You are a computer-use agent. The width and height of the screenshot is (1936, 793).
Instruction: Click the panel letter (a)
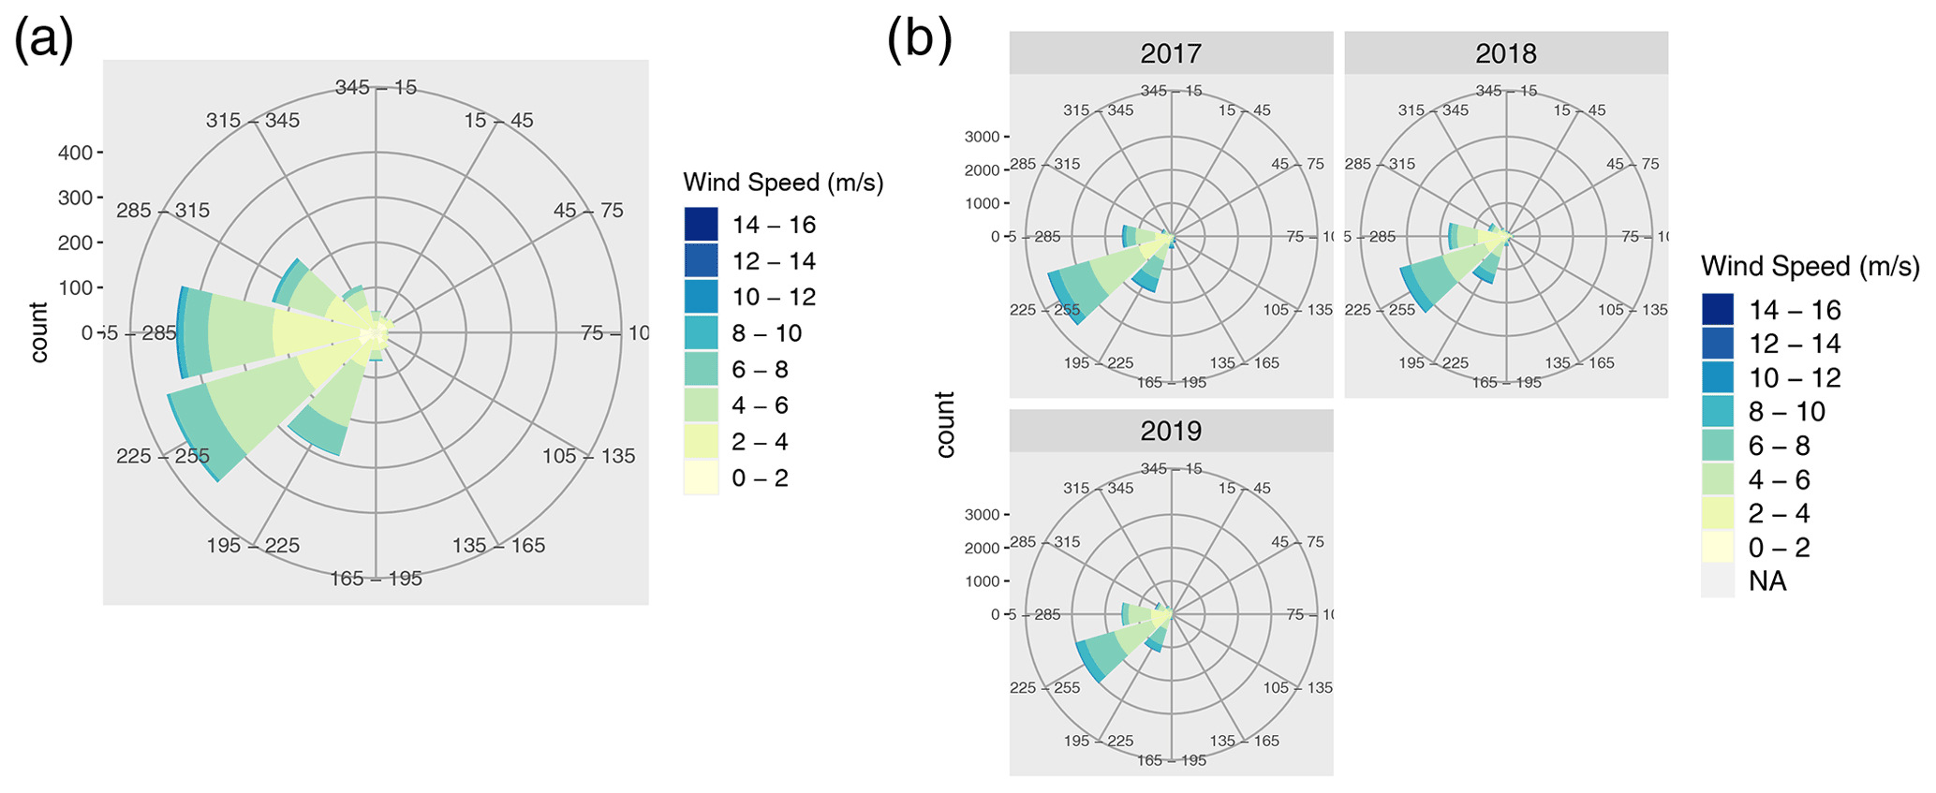(x=43, y=42)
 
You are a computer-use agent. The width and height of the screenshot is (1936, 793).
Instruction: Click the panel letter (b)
(x=919, y=42)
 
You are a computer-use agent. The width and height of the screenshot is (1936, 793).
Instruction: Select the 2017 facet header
(x=1171, y=53)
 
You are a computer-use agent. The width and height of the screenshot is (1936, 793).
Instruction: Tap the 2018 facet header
(x=1505, y=53)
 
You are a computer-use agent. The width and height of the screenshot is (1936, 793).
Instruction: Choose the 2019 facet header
(x=1171, y=431)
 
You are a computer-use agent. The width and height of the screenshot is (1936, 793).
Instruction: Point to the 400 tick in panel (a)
(x=75, y=153)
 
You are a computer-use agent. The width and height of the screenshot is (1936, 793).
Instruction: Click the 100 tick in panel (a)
(x=75, y=287)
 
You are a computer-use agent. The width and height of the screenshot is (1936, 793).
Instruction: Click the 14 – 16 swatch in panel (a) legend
(x=701, y=225)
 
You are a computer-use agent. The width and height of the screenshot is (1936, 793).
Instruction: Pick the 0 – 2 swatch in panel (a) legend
(x=701, y=478)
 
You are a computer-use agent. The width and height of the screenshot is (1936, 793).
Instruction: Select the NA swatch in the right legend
(x=1717, y=581)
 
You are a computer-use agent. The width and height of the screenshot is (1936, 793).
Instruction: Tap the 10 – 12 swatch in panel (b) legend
(x=1717, y=378)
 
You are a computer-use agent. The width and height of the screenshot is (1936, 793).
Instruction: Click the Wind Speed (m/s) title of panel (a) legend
(x=783, y=183)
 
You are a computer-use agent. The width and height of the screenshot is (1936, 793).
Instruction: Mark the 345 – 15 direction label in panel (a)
(x=376, y=88)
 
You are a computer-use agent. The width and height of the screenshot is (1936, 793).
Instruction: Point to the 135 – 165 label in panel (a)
(x=498, y=546)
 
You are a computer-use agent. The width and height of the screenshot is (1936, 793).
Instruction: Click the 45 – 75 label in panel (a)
(x=588, y=211)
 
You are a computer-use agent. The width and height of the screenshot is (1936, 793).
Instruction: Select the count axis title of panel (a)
(x=39, y=332)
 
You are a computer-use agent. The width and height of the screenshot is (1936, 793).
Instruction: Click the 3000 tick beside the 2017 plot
(x=983, y=137)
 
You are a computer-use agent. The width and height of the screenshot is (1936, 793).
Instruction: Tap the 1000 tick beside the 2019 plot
(x=983, y=581)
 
